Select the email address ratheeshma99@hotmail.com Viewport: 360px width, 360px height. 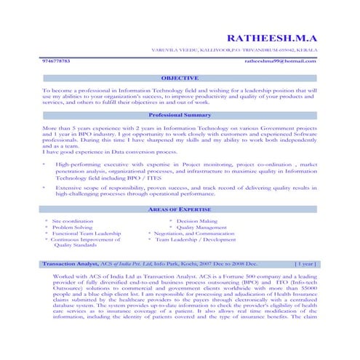[x=281, y=62]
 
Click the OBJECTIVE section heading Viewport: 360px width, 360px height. [x=180, y=77]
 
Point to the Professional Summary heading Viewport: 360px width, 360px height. [x=180, y=115]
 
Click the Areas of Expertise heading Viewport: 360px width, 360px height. [x=180, y=209]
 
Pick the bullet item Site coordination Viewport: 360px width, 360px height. [x=73, y=220]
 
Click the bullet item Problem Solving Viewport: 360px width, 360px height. [x=73, y=227]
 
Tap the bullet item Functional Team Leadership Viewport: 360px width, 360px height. [x=86, y=233]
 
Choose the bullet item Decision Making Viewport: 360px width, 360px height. [x=196, y=220]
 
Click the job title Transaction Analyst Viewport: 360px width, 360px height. [x=71, y=264]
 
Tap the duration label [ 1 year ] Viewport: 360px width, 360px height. [x=305, y=264]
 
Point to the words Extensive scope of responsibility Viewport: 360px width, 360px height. [x=97, y=188]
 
